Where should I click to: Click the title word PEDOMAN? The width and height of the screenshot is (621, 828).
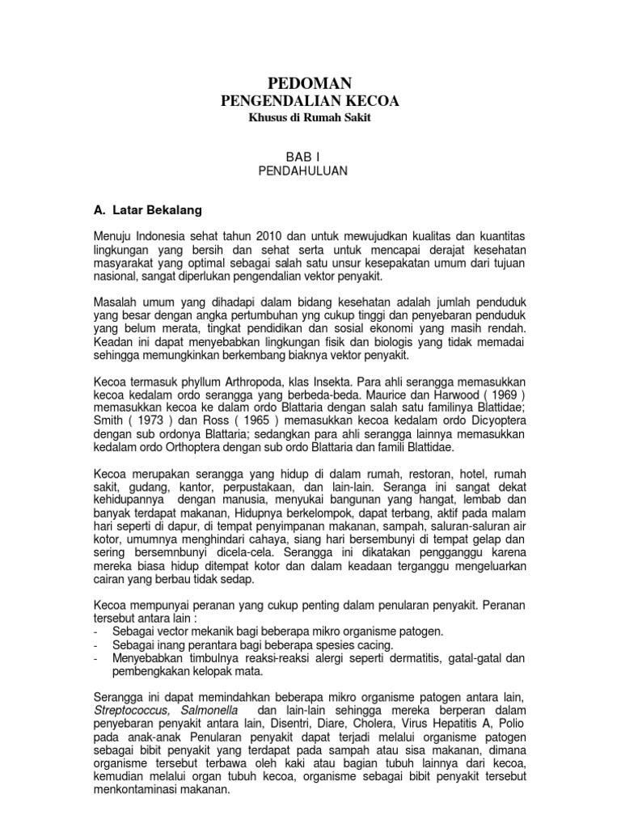[310, 82]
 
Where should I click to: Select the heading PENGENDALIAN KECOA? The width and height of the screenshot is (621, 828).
[310, 100]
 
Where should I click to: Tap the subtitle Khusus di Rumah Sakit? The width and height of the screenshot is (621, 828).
[310, 118]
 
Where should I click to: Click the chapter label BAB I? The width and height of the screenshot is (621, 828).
[310, 156]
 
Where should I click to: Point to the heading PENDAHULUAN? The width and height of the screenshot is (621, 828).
[310, 171]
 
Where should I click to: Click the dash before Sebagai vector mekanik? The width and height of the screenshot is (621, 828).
[97, 631]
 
